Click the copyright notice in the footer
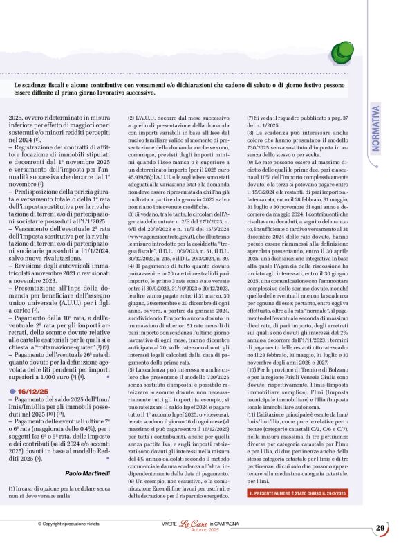[70, 524]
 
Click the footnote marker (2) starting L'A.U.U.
[131, 118]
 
